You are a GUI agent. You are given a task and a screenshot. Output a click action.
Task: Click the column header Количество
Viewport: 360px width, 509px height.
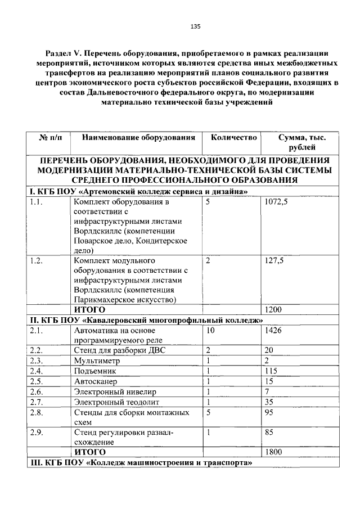(234, 137)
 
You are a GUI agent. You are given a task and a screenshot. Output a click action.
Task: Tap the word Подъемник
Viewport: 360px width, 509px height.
(94, 371)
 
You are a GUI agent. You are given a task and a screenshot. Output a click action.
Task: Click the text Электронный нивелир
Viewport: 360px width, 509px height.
(115, 391)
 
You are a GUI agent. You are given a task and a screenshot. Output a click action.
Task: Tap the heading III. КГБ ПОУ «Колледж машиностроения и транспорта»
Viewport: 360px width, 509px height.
(141, 463)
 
